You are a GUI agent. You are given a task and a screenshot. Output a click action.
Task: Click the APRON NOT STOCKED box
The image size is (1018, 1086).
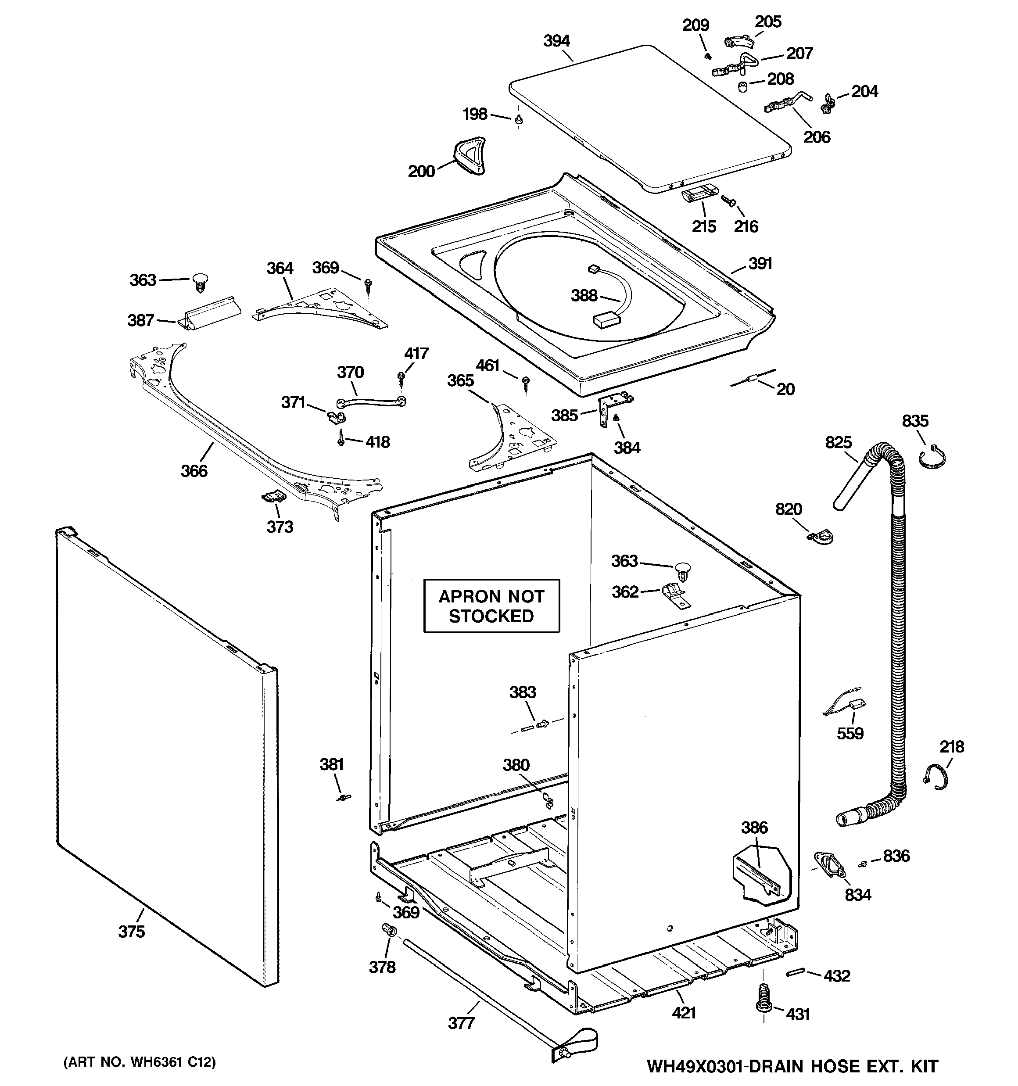pyautogui.click(x=491, y=606)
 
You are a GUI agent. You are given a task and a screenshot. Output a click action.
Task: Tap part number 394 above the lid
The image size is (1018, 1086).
pyautogui.click(x=556, y=41)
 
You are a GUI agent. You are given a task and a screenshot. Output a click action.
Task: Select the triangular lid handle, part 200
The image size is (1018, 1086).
pyautogui.click(x=469, y=155)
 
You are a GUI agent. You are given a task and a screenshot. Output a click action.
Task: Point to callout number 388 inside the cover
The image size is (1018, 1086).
pyautogui.click(x=584, y=296)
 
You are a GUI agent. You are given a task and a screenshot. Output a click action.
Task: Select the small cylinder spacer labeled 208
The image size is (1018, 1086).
pyautogui.click(x=742, y=86)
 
